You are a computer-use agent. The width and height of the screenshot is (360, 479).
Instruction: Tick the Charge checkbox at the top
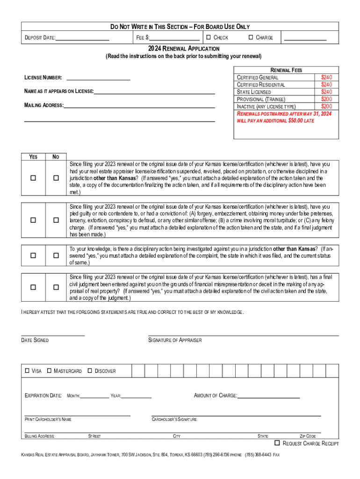[x=251, y=37]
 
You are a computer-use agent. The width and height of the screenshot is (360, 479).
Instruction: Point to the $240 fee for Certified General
[x=326, y=77]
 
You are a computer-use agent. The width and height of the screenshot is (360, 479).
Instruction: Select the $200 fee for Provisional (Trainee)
[x=326, y=99]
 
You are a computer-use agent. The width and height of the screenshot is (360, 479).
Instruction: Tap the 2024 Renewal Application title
[x=184, y=49]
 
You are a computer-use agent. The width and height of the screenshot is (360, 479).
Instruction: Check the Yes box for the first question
[x=33, y=178]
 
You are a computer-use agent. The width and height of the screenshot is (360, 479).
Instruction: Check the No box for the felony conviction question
[x=56, y=220]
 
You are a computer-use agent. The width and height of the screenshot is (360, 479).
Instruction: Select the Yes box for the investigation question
[x=33, y=255]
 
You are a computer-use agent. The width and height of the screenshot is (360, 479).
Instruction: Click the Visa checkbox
[x=27, y=371]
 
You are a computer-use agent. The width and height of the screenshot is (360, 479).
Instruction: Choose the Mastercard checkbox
[x=50, y=371]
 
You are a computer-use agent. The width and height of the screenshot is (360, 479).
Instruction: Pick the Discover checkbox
[x=90, y=371]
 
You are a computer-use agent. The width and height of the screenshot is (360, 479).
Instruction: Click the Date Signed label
[x=35, y=340]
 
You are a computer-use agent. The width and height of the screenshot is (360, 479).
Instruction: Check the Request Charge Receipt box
[x=277, y=443]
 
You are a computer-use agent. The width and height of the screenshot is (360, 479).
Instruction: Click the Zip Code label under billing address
[x=308, y=436]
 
